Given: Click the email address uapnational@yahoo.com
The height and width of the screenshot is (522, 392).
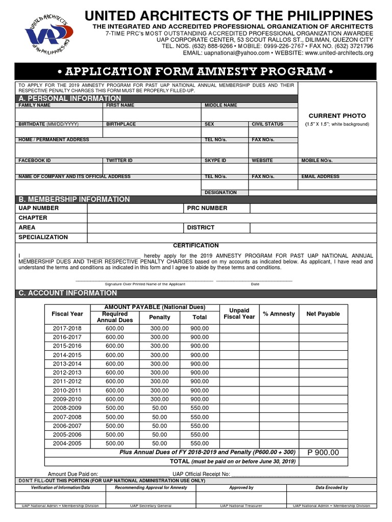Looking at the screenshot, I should [236, 53].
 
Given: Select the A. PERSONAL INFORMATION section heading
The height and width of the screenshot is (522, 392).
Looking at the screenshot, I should [70, 98].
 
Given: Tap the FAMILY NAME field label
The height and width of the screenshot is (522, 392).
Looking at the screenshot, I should [34, 106].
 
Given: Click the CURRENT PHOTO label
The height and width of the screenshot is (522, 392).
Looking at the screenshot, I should [337, 116].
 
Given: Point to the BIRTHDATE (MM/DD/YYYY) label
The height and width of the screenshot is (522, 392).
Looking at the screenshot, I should [48, 124].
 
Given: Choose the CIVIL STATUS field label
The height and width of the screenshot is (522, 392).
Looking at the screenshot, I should [267, 124].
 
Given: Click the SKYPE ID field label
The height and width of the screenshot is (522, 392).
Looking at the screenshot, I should [215, 161].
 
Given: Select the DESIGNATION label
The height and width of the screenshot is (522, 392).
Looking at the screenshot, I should [220, 193].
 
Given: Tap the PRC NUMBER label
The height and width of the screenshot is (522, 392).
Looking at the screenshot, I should [207, 208].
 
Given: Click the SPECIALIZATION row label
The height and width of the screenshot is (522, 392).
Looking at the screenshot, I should [43, 237].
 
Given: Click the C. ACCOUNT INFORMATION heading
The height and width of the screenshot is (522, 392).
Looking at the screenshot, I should [68, 293].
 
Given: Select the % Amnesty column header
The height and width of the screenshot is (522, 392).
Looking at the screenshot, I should [279, 314].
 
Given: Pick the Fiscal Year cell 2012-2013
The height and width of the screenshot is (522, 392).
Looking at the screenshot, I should [67, 372].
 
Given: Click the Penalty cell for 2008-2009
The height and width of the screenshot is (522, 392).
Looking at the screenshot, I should [160, 408].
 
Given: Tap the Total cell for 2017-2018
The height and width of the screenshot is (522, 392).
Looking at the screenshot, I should [200, 329].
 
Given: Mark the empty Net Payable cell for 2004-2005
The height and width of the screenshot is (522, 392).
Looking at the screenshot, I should [323, 443].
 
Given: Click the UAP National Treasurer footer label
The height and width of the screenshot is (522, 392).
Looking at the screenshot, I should [241, 506].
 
